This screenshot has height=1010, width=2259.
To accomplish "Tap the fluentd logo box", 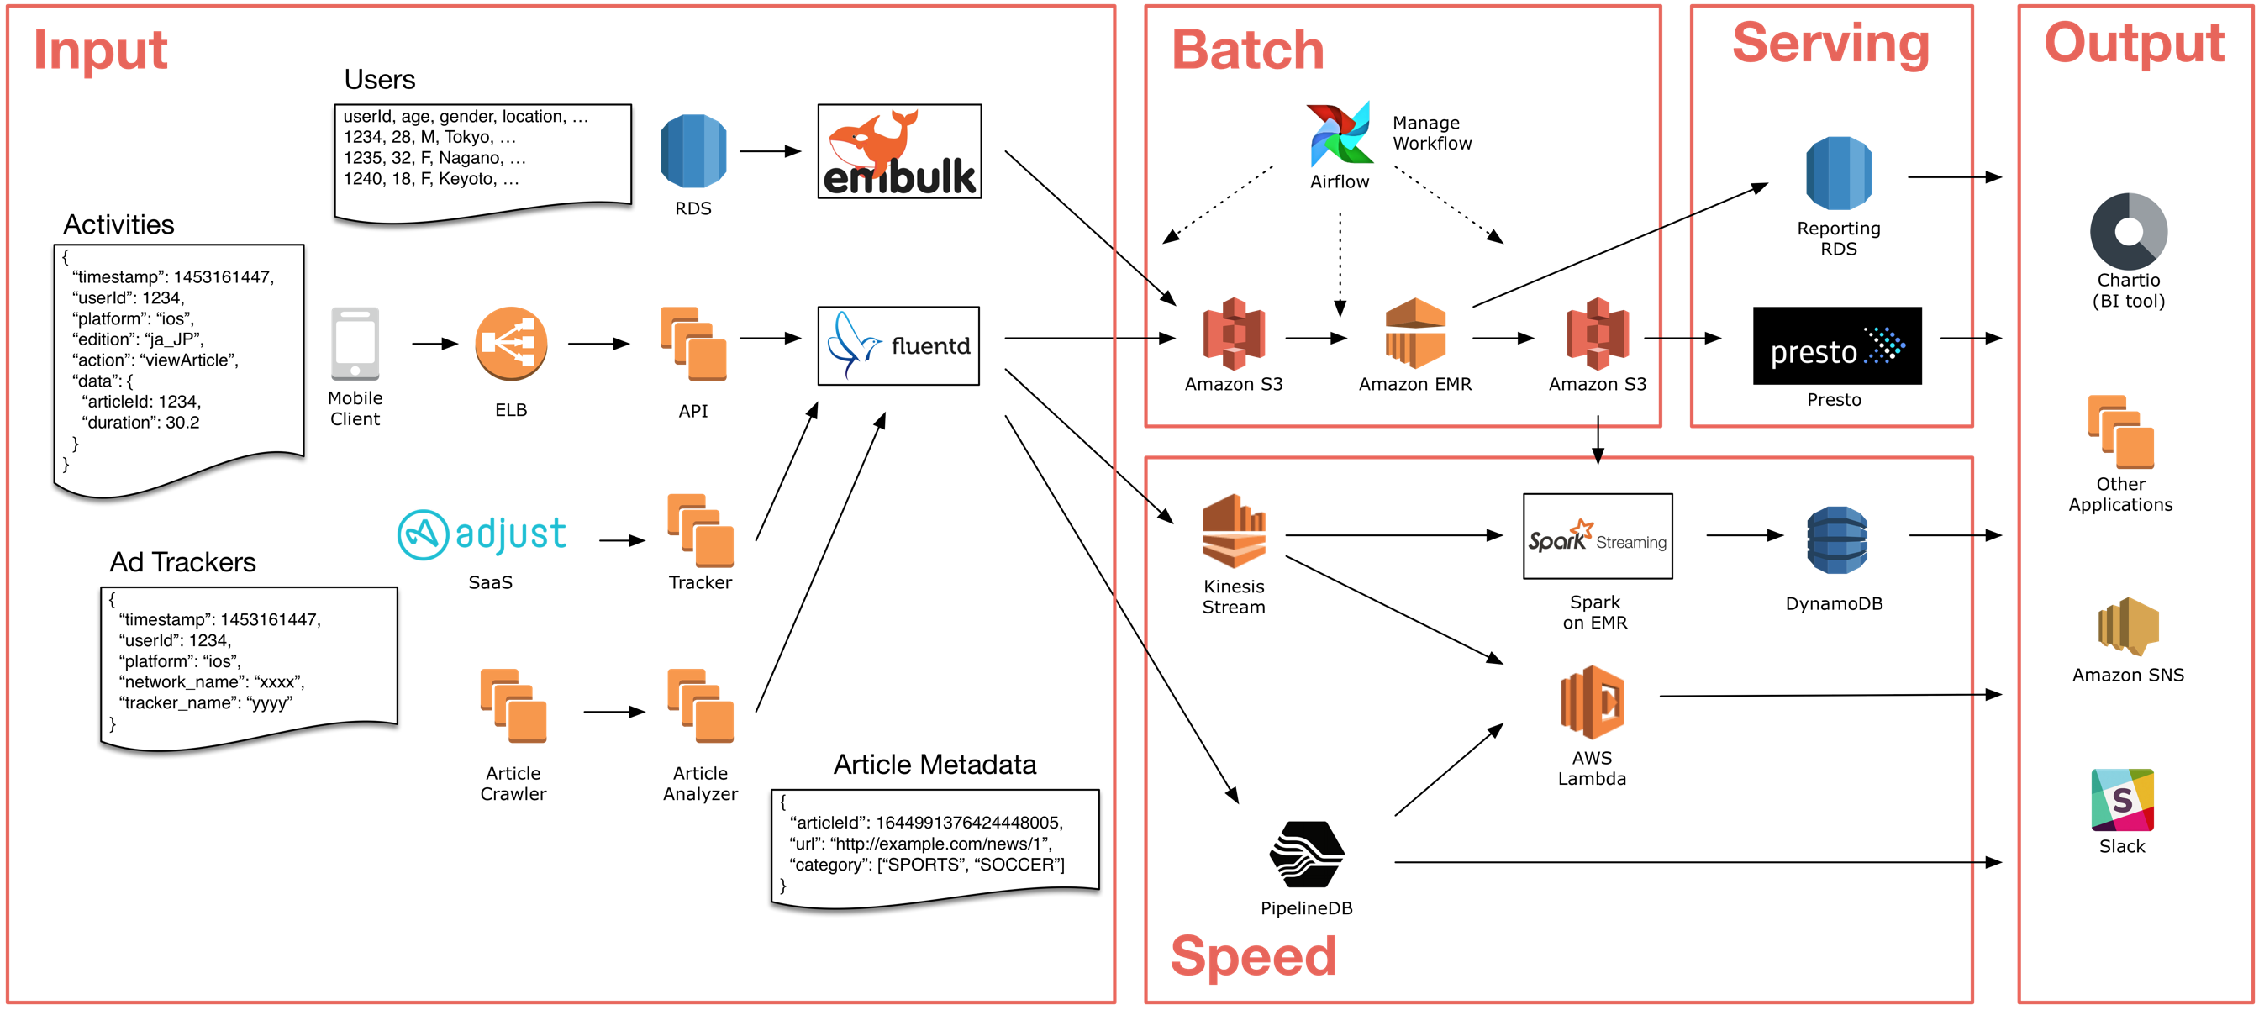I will point(898,345).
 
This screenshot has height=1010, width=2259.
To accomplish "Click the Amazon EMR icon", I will point(1414,333).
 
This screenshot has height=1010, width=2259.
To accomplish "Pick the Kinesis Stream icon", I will point(1233,531).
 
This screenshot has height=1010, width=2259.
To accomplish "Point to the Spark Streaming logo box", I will point(1597,537).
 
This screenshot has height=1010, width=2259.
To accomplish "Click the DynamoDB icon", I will point(1836,540).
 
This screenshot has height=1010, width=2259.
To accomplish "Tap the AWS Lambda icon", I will point(1592,702).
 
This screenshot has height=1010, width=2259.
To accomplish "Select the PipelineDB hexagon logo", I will point(1306,855).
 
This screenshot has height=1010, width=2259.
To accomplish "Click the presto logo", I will point(1836,345).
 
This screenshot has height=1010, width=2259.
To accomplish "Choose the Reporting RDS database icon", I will point(1838,174).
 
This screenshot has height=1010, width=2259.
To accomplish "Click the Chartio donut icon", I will point(2129,231).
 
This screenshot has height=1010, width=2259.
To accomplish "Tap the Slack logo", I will point(2122,800).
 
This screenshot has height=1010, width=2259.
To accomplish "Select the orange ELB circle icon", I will point(510,344).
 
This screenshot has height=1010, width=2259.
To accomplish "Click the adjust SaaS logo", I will point(482,534).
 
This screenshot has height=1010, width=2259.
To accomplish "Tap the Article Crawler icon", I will point(513,707).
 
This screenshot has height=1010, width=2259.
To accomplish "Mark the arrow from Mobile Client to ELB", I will point(435,344).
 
